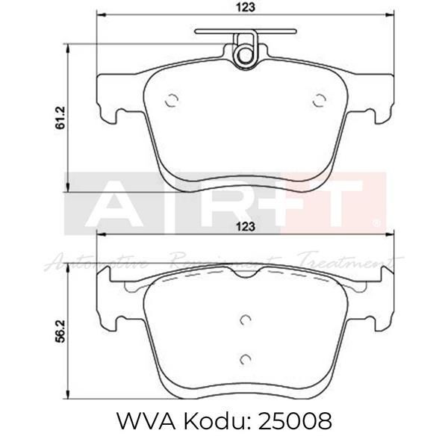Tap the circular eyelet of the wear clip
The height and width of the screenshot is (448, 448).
pos(243,55)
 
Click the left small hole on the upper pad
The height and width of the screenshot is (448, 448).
pos(171,101)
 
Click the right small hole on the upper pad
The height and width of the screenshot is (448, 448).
pos(319,101)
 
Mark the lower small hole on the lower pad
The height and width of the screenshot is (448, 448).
pos(244,359)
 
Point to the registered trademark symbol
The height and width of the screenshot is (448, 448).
pos(378,222)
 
